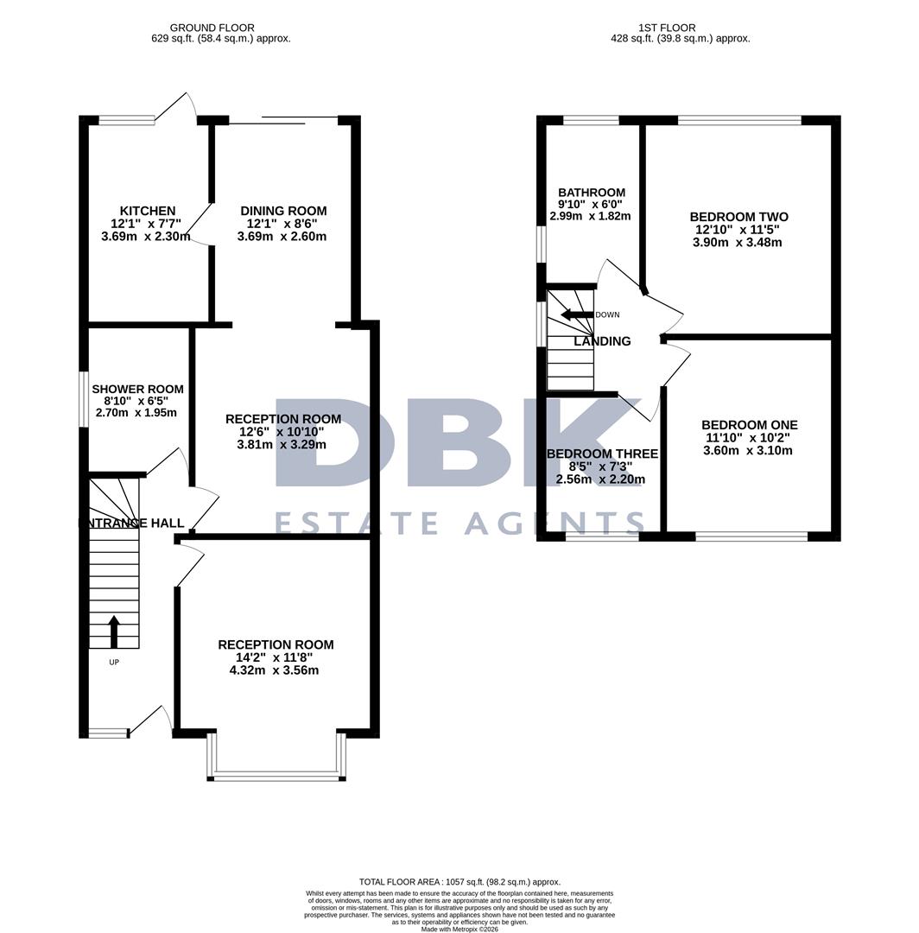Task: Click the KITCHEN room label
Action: (147, 211)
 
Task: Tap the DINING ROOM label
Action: (283, 211)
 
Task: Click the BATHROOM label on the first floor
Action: (592, 193)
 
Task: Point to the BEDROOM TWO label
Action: (738, 217)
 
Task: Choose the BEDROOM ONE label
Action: (749, 425)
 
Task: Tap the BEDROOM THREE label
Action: (602, 454)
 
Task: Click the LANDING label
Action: (602, 341)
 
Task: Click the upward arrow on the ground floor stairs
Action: (114, 631)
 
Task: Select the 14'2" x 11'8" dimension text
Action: (276, 657)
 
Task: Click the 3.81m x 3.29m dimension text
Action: (283, 445)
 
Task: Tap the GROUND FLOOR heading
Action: (212, 28)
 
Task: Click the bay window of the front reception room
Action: (276, 775)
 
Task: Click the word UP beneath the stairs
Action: (113, 663)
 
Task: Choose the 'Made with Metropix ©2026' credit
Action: (459, 929)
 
